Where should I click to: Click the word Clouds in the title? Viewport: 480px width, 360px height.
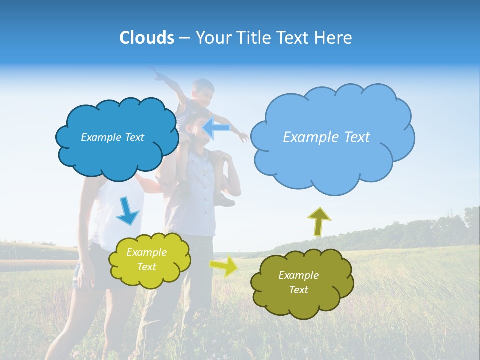pyautogui.click(x=147, y=38)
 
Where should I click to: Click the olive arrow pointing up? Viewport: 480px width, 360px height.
pyautogui.click(x=318, y=221)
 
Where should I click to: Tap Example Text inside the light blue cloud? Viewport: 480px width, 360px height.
pyautogui.click(x=326, y=137)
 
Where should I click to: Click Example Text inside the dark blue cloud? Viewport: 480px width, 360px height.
pyautogui.click(x=112, y=137)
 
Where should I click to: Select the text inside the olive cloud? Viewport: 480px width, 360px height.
pyautogui.click(x=298, y=282)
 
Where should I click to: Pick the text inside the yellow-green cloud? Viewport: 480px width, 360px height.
pyautogui.click(x=146, y=260)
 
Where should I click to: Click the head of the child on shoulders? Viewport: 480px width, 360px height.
pyautogui.click(x=203, y=91)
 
